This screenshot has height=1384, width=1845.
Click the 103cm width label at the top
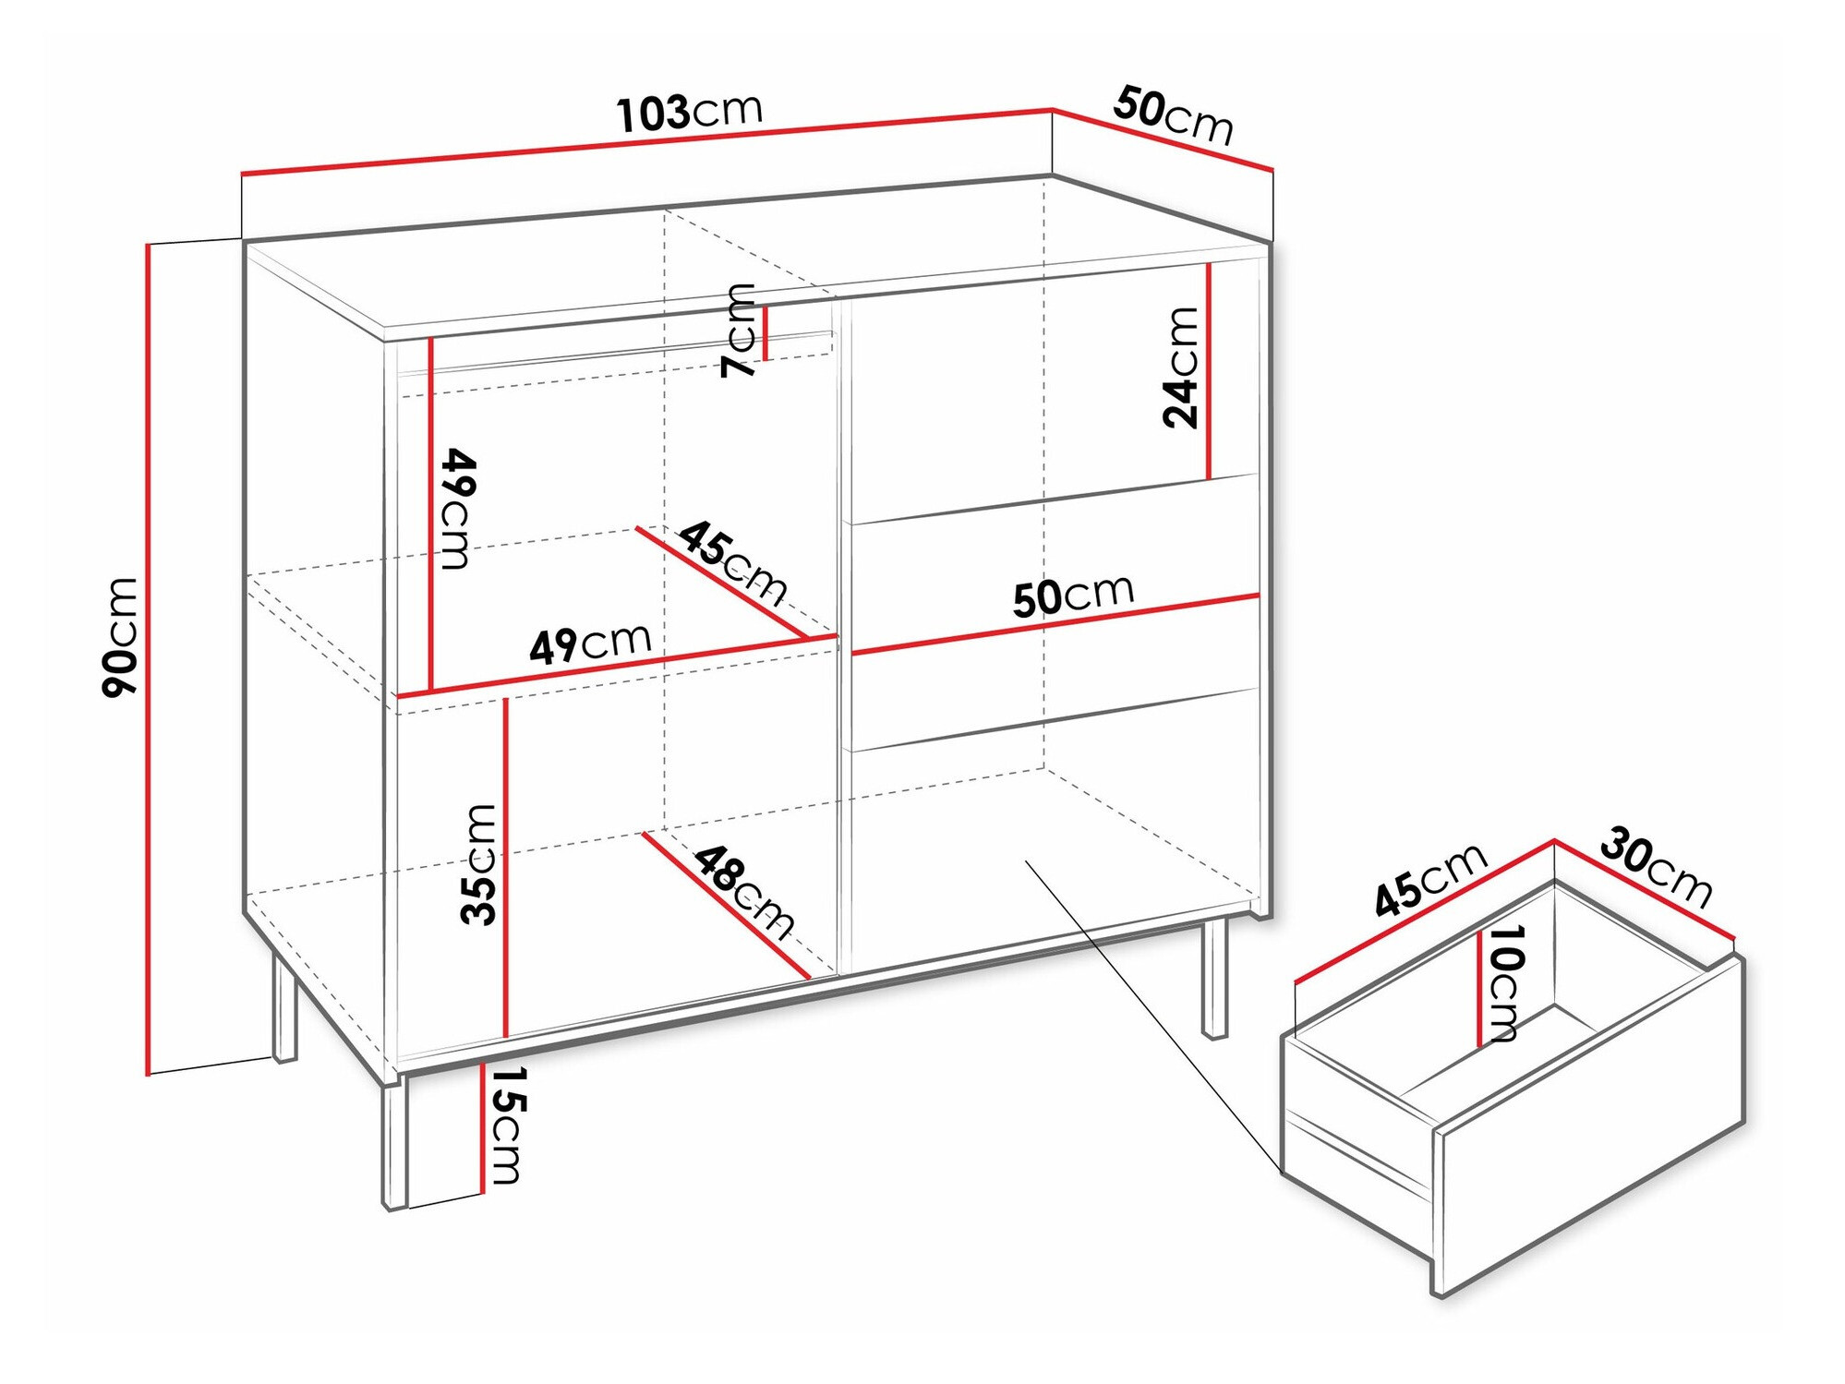pos(690,112)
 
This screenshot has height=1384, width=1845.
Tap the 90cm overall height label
pos(120,637)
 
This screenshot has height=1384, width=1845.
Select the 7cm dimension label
pos(739,331)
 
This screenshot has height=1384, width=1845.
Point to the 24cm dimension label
pos(1180,367)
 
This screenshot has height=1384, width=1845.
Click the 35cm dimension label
pos(478,864)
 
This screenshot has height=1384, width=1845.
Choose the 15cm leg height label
pos(505,1125)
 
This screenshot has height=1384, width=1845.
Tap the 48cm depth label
pos(744,893)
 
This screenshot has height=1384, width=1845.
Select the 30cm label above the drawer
pos(1656,868)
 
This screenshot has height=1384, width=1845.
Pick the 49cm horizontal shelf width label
pos(590,644)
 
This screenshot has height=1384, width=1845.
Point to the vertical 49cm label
pos(457,509)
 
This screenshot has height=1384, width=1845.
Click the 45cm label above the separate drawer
pos(1430,880)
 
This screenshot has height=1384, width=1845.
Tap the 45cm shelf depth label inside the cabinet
pos(733,561)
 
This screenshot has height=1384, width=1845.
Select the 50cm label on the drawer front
pos(1073,596)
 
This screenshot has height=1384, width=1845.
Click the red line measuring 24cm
pos(1208,372)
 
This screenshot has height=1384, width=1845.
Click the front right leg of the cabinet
pos(1215,978)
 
